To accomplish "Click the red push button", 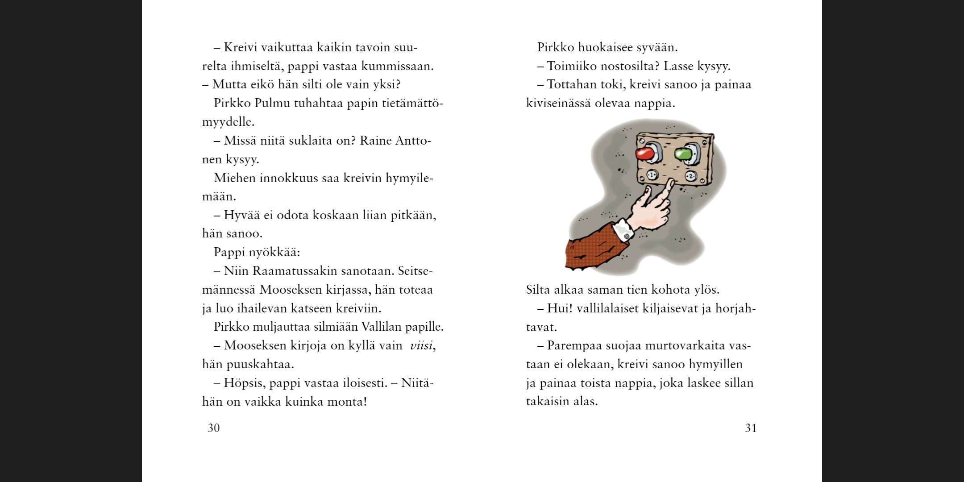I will [644, 154].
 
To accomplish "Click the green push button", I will [683, 154].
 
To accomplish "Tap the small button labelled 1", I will [652, 175].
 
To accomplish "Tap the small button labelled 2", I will [691, 176].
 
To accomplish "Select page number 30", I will [214, 428].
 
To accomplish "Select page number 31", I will [751, 428].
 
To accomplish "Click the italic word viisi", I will [421, 345].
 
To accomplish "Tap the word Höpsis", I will [244, 383].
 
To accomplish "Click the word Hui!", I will [560, 308].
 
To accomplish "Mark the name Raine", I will [375, 141].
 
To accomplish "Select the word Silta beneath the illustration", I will [538, 290].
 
